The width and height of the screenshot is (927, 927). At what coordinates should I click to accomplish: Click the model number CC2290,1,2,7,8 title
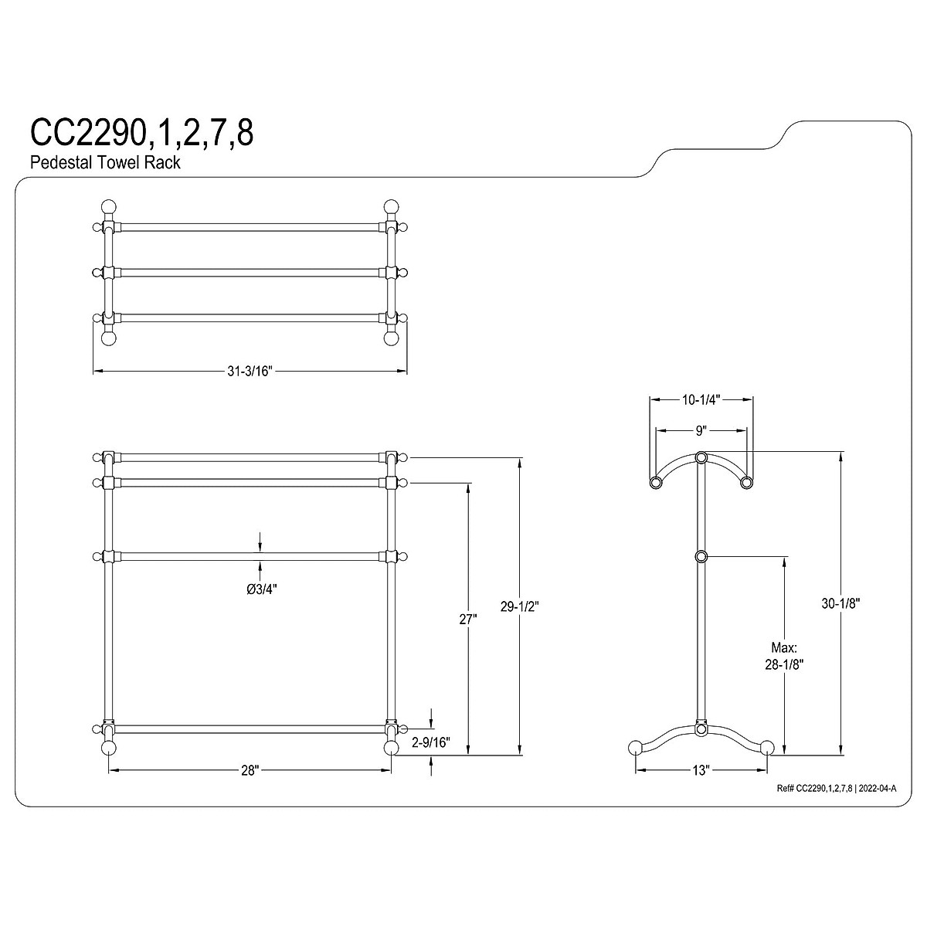[141, 133]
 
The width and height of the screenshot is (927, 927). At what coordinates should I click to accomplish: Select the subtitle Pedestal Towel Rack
[105, 162]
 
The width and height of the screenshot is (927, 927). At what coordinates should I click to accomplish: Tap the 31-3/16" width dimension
[250, 372]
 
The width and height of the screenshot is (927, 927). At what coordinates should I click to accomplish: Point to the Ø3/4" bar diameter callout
[262, 589]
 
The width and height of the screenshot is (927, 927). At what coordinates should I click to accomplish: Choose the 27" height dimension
[467, 619]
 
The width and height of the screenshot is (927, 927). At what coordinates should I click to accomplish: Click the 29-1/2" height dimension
[519, 607]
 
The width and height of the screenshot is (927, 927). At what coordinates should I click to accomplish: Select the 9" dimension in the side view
[701, 431]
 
